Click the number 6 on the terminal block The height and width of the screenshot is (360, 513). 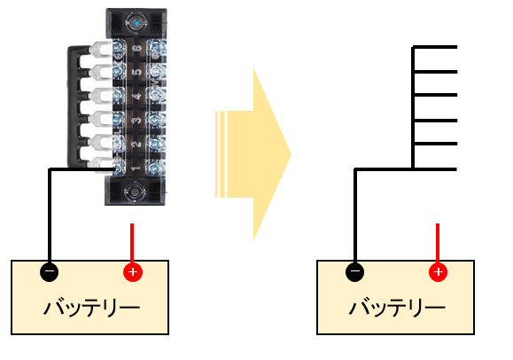138,49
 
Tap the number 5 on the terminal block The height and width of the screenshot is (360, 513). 138,72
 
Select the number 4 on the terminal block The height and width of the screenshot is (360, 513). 137,97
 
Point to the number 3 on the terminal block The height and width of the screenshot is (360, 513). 136,121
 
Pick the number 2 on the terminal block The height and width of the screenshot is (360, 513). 136,145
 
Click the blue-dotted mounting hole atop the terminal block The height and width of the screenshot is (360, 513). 136,23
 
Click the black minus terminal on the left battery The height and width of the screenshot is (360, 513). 49,271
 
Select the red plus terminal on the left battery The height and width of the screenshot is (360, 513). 133,271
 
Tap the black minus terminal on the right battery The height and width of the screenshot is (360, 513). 354,271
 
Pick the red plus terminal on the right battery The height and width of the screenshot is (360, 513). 438,271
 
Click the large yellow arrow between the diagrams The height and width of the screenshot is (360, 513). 253,154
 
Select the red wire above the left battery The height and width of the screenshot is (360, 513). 132,243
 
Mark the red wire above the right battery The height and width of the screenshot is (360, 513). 438,243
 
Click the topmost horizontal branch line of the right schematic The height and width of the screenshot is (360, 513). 434,47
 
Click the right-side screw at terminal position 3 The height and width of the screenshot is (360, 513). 155,120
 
